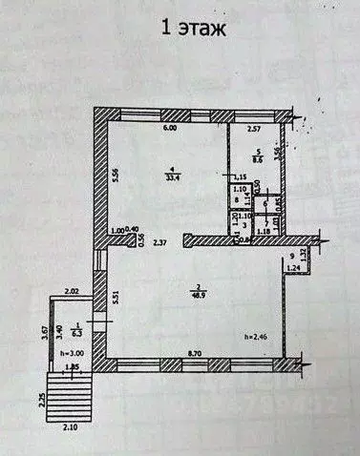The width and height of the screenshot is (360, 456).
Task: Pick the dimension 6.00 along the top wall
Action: coord(169,128)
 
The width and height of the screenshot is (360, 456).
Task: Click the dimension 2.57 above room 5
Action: coord(255,128)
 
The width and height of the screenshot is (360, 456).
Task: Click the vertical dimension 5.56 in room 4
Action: coord(115,175)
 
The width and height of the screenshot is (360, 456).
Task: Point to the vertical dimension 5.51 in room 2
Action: coord(115,296)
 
